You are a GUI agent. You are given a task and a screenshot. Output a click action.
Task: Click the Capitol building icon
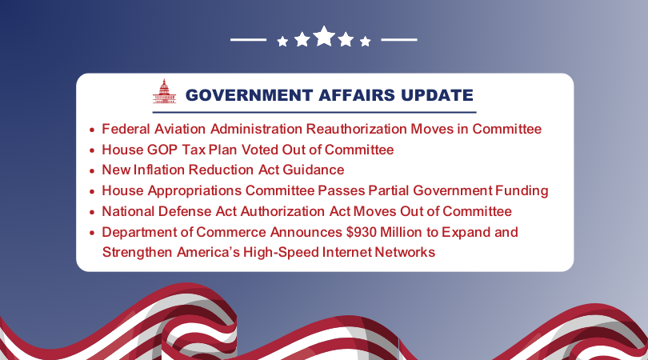[x=164, y=91]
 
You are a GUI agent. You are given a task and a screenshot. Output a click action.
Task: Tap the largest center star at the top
[x=324, y=36]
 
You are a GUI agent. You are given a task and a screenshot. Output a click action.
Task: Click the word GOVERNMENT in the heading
[x=249, y=95]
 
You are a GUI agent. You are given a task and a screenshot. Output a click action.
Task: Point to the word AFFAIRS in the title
[x=357, y=95]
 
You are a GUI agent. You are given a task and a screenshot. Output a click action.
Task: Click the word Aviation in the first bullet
[x=180, y=129]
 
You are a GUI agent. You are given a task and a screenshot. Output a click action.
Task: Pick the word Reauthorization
[x=356, y=129]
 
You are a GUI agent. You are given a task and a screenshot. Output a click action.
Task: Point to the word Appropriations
[x=194, y=190]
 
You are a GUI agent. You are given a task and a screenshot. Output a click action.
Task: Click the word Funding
[x=522, y=190]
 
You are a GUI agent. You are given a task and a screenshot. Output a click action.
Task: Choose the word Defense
[x=185, y=211]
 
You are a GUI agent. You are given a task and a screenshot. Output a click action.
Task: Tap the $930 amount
[x=362, y=232]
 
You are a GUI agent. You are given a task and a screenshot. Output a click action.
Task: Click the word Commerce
[x=231, y=232]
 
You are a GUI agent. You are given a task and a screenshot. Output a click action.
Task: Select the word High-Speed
[x=281, y=253]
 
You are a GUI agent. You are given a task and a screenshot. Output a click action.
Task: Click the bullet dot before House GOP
[x=92, y=150]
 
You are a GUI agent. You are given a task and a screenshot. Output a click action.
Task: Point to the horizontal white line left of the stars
[x=248, y=40]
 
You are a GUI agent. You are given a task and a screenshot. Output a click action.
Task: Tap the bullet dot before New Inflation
[x=92, y=170]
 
